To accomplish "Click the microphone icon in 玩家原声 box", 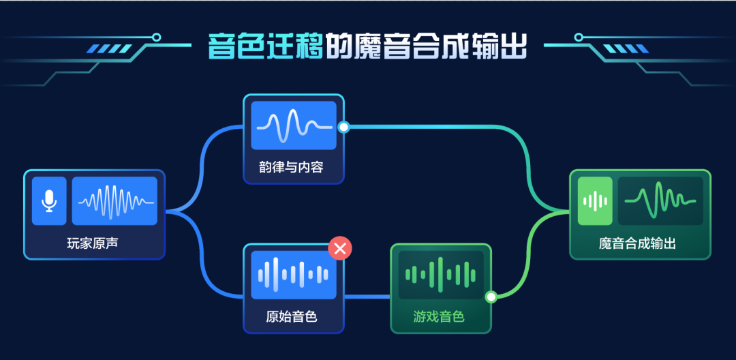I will tap(49, 201).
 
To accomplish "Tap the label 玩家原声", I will tap(93, 242).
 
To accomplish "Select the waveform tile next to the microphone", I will tap(114, 201).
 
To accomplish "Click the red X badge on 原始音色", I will tap(339, 248).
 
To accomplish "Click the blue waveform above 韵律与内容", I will tap(294, 126).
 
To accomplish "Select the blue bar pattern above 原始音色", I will tap(294, 275).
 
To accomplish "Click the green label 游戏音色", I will tap(439, 316).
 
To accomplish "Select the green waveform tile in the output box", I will tap(660, 201).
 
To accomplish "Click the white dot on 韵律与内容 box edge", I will tap(344, 127).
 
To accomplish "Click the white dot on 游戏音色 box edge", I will tap(490, 297).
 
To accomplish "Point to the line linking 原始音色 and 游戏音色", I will tap(367, 297).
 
